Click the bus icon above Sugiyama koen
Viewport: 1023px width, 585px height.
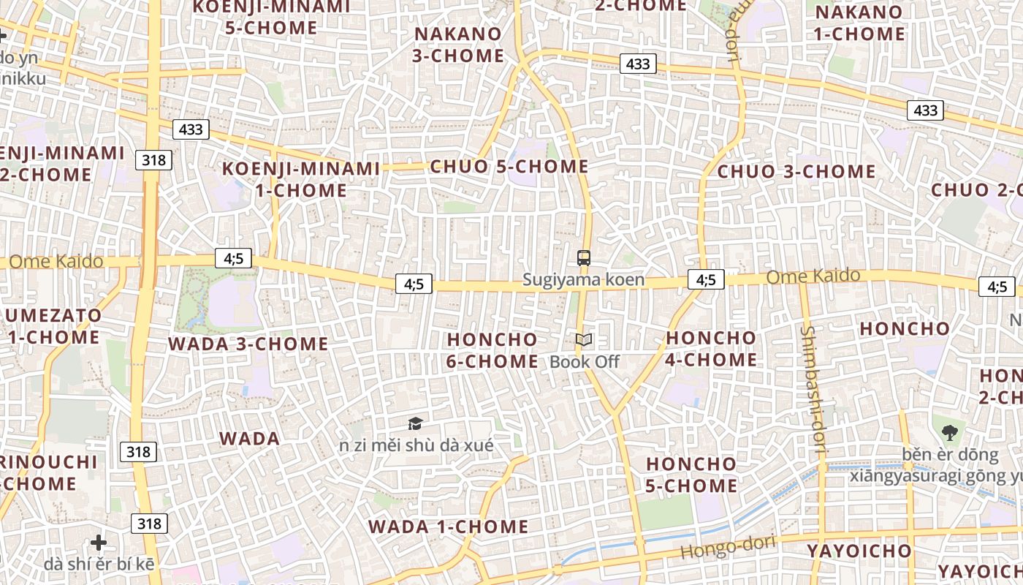click(583, 257)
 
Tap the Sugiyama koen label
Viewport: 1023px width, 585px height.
click(583, 279)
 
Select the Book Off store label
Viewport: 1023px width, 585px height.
click(584, 361)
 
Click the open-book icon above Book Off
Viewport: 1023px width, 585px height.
click(583, 339)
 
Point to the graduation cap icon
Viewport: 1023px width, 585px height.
click(415, 423)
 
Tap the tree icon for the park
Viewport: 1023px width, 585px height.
click(949, 432)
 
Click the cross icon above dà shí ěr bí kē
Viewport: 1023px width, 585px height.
click(99, 543)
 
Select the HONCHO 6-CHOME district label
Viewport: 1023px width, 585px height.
click(492, 350)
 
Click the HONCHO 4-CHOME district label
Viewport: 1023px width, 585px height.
click(711, 349)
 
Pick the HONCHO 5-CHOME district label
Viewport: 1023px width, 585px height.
click(691, 475)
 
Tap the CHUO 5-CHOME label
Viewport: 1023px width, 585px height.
click(509, 167)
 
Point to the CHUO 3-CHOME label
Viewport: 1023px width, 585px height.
click(796, 172)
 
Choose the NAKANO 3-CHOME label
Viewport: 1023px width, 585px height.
click(458, 45)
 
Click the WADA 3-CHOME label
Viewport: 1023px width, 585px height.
click(248, 344)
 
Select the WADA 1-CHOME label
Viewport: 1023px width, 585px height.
click(448, 526)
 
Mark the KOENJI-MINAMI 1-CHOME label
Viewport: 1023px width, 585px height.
click(301, 179)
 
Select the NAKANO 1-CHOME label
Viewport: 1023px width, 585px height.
click(859, 23)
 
